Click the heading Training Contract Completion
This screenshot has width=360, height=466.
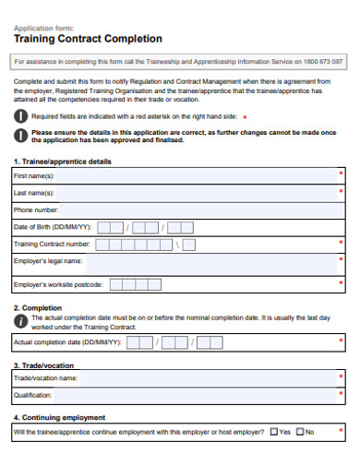(89, 40)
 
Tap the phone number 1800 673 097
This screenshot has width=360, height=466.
(321, 61)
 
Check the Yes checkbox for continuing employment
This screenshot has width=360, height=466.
(273, 432)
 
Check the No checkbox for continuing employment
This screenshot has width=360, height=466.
(300, 432)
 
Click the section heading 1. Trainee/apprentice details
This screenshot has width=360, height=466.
(62, 161)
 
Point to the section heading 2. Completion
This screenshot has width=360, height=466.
(37, 307)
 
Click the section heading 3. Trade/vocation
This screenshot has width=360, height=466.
(43, 364)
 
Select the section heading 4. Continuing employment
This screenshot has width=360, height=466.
(59, 417)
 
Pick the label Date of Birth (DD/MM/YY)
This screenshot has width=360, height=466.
(53, 227)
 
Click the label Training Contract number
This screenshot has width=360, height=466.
(52, 245)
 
